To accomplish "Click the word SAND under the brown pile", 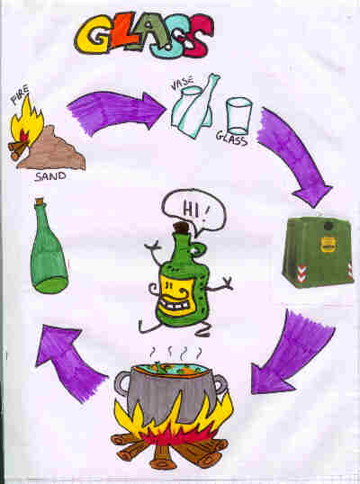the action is [x=50, y=176].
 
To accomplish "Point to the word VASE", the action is [x=182, y=84].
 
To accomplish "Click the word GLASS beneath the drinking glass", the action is [x=231, y=139].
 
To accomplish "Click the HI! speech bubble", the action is [x=193, y=211].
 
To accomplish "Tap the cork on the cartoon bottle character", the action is [x=181, y=229].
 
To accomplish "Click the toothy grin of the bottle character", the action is [x=175, y=305].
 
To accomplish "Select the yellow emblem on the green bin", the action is [x=328, y=244].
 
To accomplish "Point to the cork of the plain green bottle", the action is [x=40, y=202].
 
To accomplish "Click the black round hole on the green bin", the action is [x=328, y=227].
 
